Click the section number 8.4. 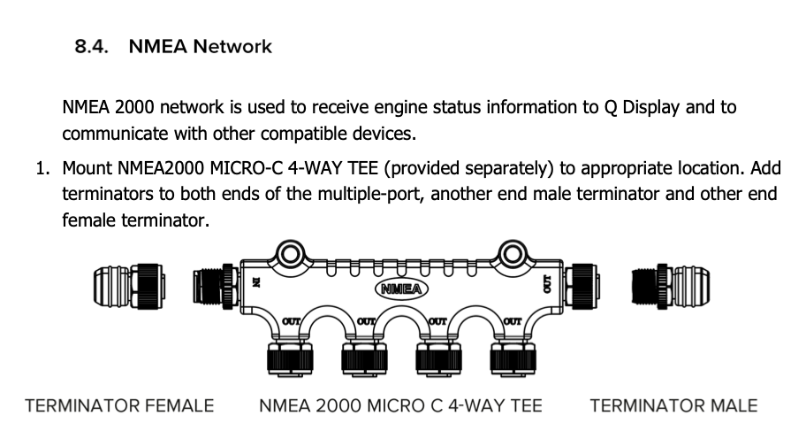91,47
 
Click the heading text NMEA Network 201,47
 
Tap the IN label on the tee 256,284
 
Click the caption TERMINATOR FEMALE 119,406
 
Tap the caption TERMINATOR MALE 673,406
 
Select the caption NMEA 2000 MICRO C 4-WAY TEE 400,406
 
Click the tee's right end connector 585,285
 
